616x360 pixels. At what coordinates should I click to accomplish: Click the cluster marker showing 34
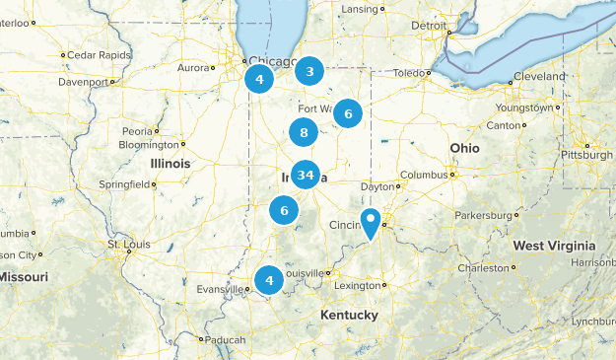click(306, 176)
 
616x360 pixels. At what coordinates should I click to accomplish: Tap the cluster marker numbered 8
click(304, 132)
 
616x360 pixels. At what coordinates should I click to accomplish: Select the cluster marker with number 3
click(310, 71)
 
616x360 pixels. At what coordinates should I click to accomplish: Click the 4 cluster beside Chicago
click(259, 79)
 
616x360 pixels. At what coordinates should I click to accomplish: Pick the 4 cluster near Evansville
click(268, 281)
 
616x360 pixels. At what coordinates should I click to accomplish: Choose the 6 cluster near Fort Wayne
click(348, 113)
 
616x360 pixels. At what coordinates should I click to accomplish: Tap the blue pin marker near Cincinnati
click(371, 223)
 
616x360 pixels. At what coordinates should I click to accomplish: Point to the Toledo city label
click(410, 73)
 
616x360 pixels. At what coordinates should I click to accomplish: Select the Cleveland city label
click(542, 76)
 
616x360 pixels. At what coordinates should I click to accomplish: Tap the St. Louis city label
click(126, 244)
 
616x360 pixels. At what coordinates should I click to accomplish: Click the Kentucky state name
click(348, 315)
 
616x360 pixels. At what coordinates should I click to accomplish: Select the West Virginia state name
click(554, 246)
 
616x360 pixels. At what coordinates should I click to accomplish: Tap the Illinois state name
click(171, 163)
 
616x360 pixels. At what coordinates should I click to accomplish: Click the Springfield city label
click(124, 184)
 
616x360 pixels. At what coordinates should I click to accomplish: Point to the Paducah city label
click(225, 340)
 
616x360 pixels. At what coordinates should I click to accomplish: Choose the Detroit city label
click(429, 26)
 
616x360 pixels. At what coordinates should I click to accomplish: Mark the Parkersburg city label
click(485, 214)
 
